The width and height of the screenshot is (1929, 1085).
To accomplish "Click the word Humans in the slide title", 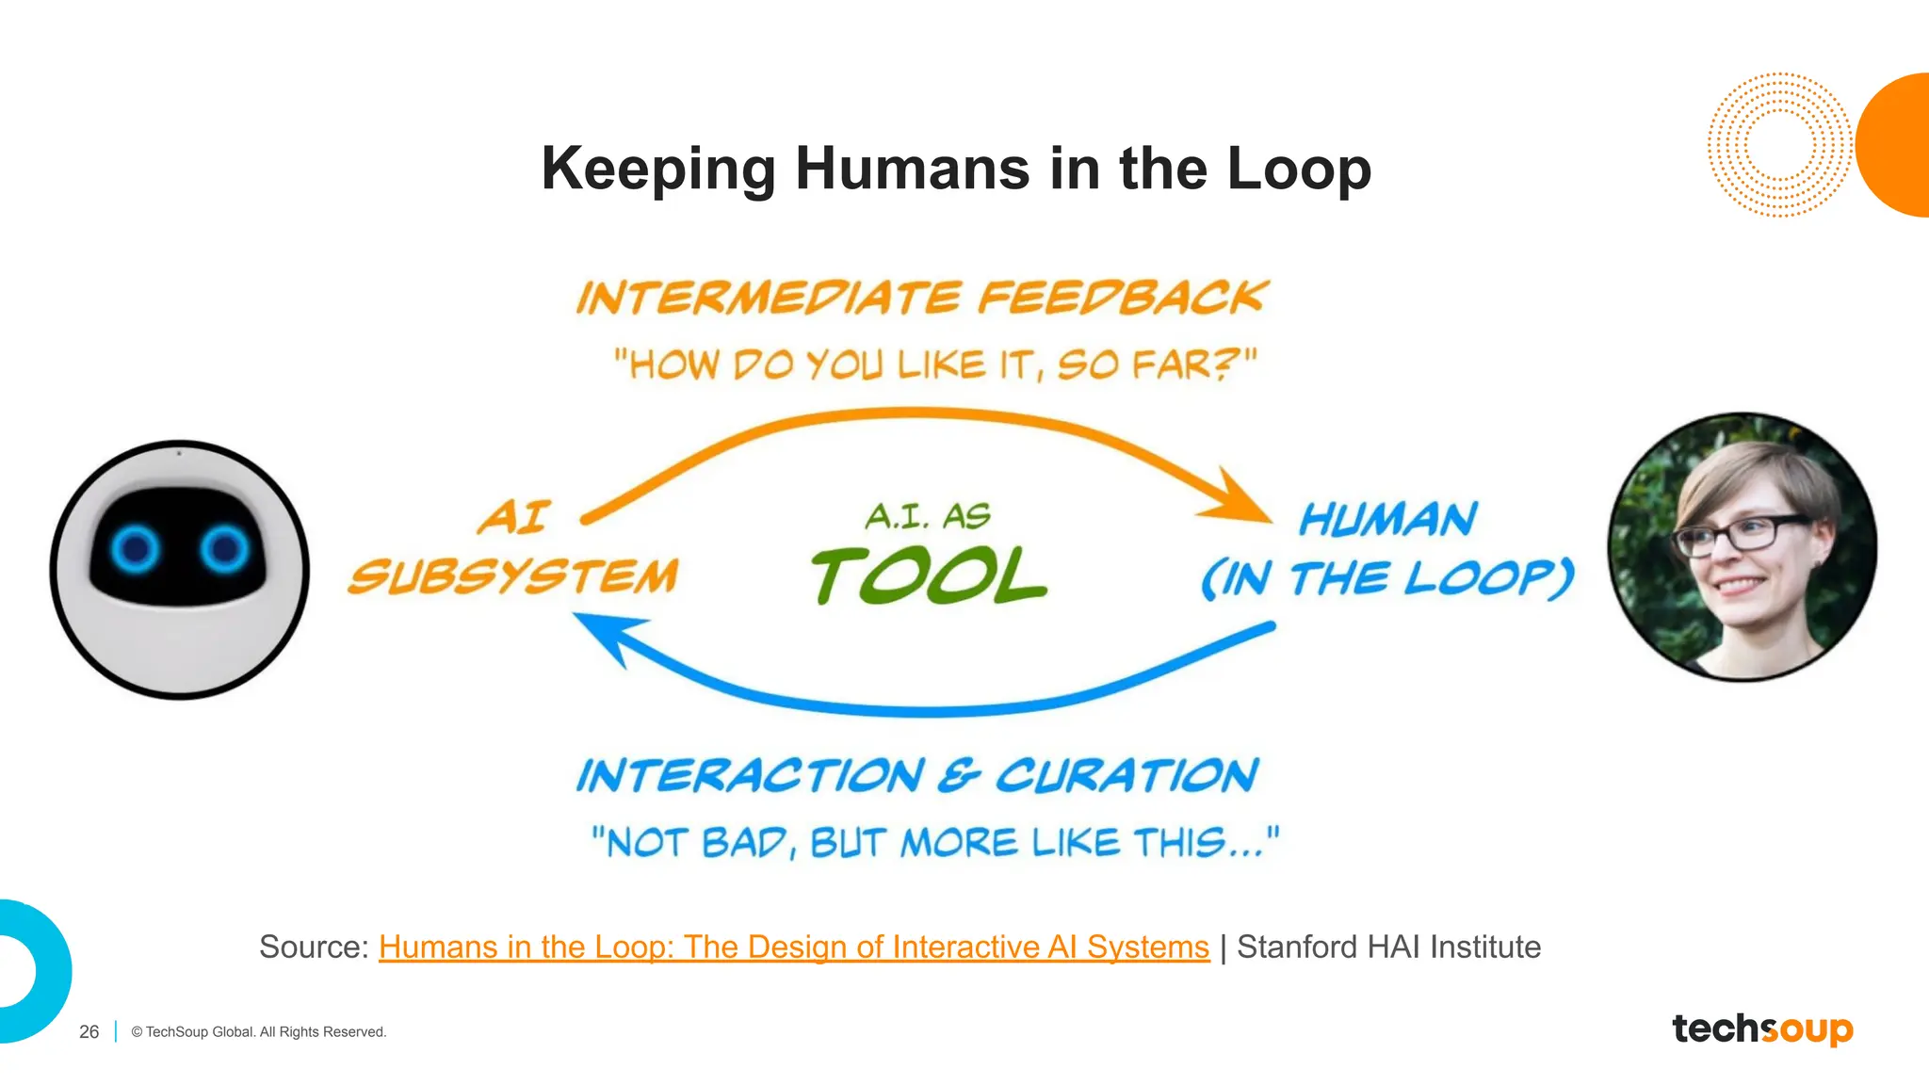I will pyautogui.click(x=912, y=170).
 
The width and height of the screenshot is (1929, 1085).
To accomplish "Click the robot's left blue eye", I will pyautogui.click(x=136, y=547).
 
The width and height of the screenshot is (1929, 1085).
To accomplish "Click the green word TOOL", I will pyautogui.click(x=929, y=576).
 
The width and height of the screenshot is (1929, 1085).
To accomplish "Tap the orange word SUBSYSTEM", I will pyautogui.click(x=513, y=576).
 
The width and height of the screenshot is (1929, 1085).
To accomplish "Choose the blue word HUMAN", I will pyautogui.click(x=1387, y=520).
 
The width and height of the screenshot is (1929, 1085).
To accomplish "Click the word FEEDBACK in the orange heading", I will pyautogui.click(x=1123, y=298).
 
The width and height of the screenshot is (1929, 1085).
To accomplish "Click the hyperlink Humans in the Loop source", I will pyautogui.click(x=793, y=947).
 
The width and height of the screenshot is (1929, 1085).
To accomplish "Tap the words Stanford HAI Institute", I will pyautogui.click(x=1388, y=947).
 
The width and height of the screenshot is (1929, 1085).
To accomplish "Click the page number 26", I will pyautogui.click(x=89, y=1032).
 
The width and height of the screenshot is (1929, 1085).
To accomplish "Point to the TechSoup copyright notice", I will pyautogui.click(x=259, y=1032).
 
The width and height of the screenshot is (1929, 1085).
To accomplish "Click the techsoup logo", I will pyautogui.click(x=1762, y=1028).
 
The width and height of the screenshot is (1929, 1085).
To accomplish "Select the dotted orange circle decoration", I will pyautogui.click(x=1778, y=145).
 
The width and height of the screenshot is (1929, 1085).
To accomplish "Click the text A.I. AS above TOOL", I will pyautogui.click(x=928, y=516).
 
